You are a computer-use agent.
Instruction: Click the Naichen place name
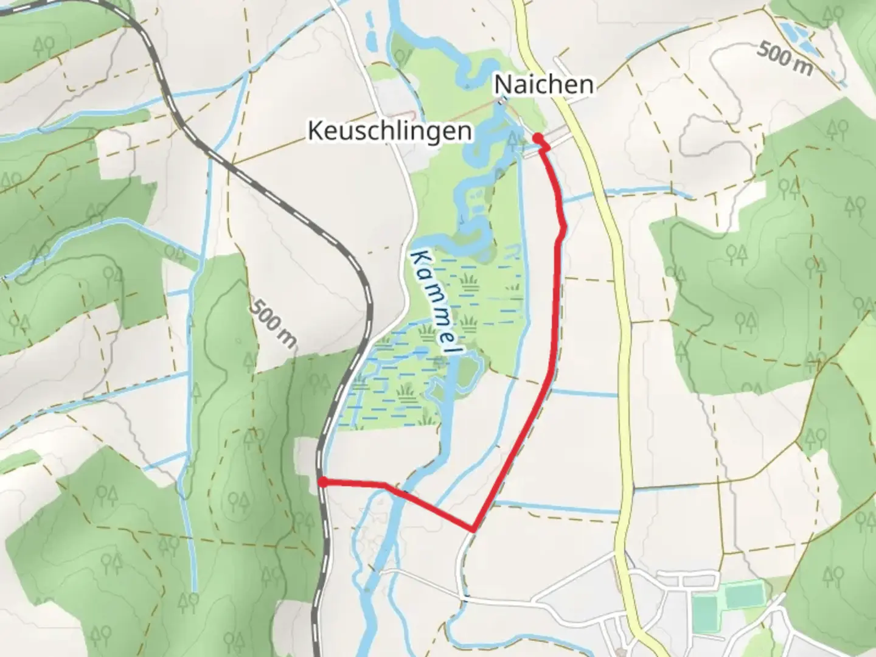coord(543,84)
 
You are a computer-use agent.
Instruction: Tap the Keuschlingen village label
coord(389,130)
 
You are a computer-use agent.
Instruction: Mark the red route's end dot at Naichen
coord(538,138)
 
